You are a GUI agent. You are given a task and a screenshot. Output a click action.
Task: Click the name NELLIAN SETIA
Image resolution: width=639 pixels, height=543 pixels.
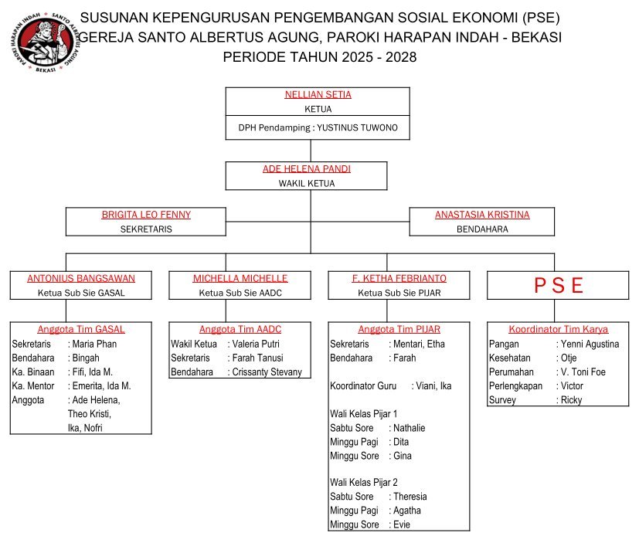coord(318,95)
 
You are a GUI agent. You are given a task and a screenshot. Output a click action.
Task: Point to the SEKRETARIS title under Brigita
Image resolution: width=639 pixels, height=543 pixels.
coord(146,229)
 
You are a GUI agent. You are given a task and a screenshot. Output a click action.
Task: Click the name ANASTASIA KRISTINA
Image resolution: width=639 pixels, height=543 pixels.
coord(483,215)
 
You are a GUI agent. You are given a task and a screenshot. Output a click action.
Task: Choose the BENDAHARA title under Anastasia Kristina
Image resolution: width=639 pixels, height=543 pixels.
coord(483,229)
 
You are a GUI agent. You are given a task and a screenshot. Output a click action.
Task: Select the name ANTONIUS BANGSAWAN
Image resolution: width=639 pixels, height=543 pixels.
coord(81,279)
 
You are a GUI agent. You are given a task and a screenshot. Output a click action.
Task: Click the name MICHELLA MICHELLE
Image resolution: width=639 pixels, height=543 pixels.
coord(240,279)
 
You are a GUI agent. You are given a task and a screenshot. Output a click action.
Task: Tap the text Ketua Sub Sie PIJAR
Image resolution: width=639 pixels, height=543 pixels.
coord(399,293)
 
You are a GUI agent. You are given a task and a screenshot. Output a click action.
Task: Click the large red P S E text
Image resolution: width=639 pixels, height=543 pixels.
coord(558,286)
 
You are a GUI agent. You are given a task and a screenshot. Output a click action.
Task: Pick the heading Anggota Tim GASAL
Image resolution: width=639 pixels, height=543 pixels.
coord(81,329)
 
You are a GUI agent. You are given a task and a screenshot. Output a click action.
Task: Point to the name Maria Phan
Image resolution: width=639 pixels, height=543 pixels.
coord(94,344)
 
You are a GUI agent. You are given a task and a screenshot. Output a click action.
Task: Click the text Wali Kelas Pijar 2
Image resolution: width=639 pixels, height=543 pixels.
coord(364,482)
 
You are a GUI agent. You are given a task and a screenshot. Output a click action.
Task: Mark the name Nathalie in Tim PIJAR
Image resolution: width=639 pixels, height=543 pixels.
coord(410,428)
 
